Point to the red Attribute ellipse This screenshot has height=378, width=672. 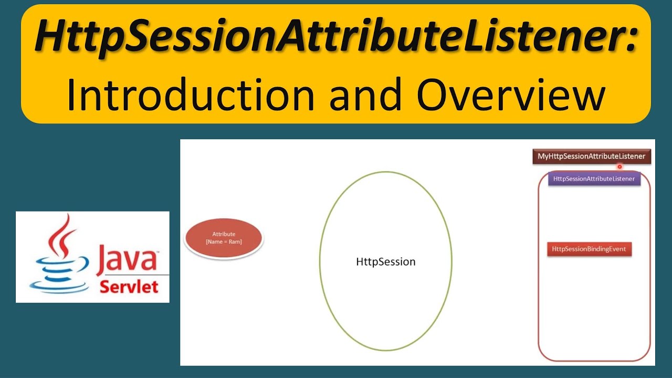(224, 238)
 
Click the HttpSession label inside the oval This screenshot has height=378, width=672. (385, 261)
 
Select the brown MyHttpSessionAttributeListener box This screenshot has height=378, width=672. (591, 156)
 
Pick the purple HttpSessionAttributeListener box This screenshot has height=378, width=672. (594, 179)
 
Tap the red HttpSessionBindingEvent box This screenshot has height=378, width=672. (589, 249)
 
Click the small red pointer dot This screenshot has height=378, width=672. (619, 167)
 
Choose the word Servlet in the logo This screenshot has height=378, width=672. (129, 287)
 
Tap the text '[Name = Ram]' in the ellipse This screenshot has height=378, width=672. (224, 241)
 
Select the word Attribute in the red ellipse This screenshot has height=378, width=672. (224, 234)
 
